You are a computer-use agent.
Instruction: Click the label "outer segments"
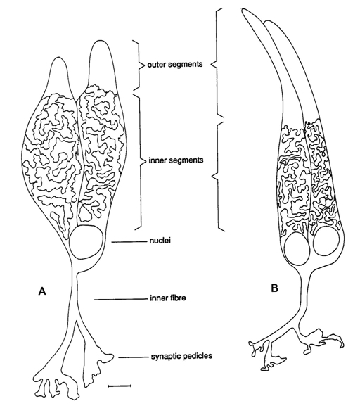point(175,64)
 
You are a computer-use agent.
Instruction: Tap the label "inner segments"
point(176,160)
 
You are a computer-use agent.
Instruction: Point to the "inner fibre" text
point(168,298)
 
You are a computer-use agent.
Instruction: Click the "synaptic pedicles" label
point(181,357)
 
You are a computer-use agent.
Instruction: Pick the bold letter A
point(42,291)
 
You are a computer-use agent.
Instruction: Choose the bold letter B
point(274,288)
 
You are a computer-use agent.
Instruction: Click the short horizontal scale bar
point(120,386)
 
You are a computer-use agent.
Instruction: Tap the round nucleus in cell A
point(86,242)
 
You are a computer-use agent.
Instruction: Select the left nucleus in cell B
point(297,249)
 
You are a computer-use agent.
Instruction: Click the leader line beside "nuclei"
point(129,241)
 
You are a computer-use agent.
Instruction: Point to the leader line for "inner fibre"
point(120,300)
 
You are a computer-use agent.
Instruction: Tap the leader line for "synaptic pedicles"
point(134,357)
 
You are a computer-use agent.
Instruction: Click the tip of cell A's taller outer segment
point(99,41)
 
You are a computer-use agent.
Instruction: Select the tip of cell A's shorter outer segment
point(59,57)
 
